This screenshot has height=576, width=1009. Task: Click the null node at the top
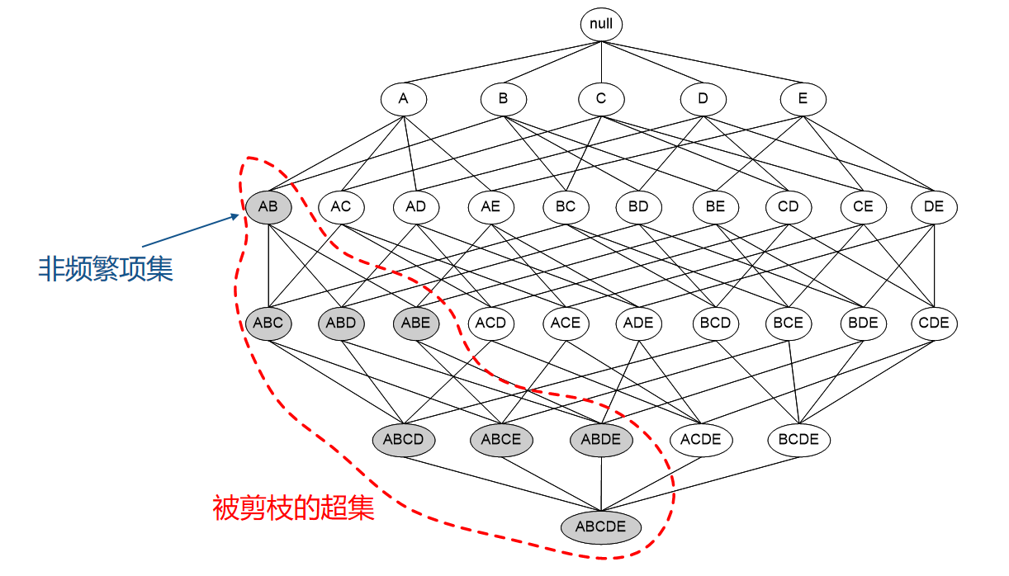601,24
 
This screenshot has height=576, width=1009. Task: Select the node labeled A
403,100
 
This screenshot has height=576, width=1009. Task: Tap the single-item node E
803,100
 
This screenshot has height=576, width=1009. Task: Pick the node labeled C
601,100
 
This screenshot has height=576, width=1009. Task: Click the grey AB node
268,207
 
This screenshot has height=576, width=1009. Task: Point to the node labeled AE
490,207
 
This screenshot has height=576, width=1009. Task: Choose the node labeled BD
638,207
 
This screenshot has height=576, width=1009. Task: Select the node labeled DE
934,207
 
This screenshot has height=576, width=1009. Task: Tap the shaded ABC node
268,323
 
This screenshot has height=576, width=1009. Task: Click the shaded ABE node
416,323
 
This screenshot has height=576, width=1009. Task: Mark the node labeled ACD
490,323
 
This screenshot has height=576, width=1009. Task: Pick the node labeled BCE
788,323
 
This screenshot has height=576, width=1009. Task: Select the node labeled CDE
934,323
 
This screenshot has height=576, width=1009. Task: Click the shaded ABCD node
403,440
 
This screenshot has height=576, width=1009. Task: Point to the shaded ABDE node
601,440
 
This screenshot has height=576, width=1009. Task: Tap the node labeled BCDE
798,440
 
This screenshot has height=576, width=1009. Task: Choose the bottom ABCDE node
601,527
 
